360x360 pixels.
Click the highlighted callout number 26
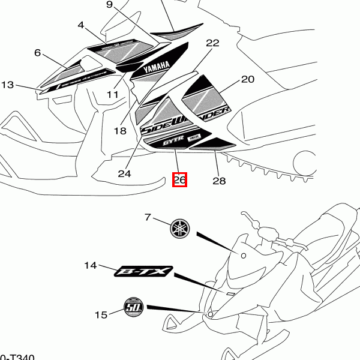click(x=180, y=179)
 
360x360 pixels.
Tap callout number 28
click(x=218, y=181)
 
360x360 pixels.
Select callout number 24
click(x=124, y=174)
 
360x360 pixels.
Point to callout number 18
click(x=119, y=130)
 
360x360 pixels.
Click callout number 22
click(x=212, y=43)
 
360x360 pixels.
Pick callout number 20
click(x=248, y=79)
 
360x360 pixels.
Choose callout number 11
click(x=113, y=94)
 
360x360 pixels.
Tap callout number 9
click(x=109, y=5)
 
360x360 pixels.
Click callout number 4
click(x=82, y=25)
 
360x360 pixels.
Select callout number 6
click(x=38, y=53)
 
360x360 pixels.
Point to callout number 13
click(x=7, y=85)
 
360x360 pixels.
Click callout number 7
click(x=148, y=217)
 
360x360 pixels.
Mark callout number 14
click(x=91, y=265)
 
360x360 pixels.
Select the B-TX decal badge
click(x=143, y=274)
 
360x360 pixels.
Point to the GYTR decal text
click(x=172, y=143)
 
